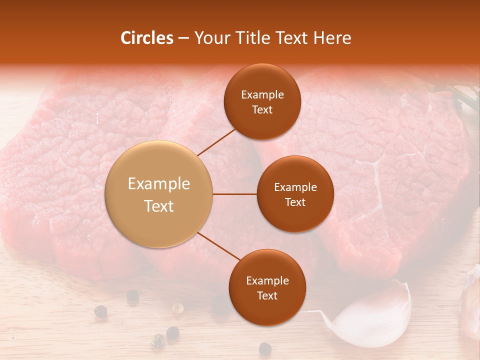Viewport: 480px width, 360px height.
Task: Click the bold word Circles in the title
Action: point(146,38)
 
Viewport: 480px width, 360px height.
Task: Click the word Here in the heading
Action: point(332,38)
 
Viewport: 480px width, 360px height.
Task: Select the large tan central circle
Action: point(158,194)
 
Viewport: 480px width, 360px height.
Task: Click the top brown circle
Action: point(262,101)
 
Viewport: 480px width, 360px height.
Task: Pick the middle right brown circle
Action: point(295,194)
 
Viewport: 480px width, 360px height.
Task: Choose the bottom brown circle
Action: point(267,287)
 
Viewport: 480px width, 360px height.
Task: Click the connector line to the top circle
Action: point(216,142)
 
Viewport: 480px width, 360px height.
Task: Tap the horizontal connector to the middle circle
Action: point(234,194)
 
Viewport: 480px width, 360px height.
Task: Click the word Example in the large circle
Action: point(158,184)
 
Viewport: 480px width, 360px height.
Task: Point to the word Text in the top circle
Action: point(262,109)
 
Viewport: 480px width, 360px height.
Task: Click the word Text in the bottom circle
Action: point(267,295)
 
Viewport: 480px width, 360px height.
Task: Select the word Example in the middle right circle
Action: point(295,187)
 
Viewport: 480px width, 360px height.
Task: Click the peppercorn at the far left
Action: point(100,310)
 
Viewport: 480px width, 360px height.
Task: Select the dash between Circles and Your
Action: point(183,38)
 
